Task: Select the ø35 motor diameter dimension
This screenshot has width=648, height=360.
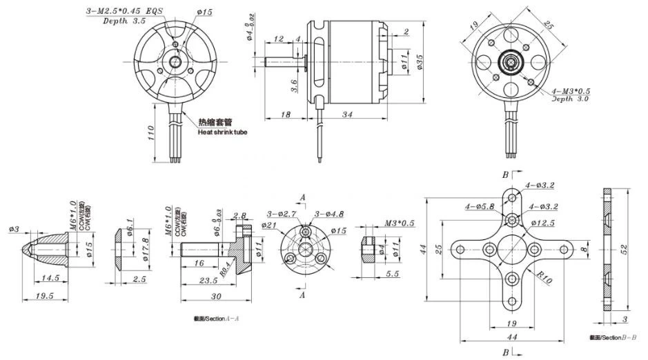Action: [420, 66]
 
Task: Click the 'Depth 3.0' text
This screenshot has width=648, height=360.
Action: [569, 99]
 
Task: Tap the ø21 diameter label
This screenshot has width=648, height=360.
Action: [269, 225]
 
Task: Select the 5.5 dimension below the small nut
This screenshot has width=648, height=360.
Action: [392, 274]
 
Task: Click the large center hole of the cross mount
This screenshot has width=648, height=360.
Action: [513, 249]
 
